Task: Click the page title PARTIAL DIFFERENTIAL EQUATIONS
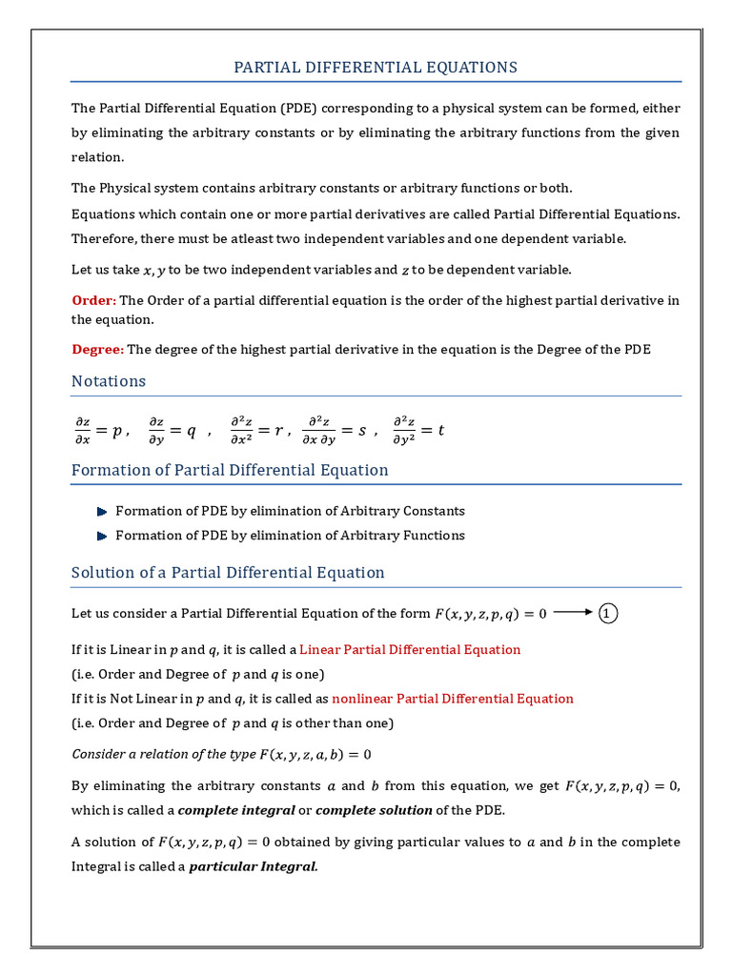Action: coord(376,67)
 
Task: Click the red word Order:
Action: coord(93,300)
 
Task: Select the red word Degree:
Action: coord(97,349)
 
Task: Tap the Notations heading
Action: coord(109,381)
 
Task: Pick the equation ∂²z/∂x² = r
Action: coord(256,430)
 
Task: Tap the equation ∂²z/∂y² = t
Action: coord(418,430)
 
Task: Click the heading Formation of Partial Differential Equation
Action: coord(230,470)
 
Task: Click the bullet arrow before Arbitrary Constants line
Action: coord(102,511)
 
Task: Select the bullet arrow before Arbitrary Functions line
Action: coord(102,536)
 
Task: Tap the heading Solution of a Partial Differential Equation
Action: coord(228,573)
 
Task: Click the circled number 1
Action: coord(608,614)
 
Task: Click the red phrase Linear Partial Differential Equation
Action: coord(410,650)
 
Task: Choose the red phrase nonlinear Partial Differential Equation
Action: coord(453,699)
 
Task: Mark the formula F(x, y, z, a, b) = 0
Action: coord(315,754)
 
